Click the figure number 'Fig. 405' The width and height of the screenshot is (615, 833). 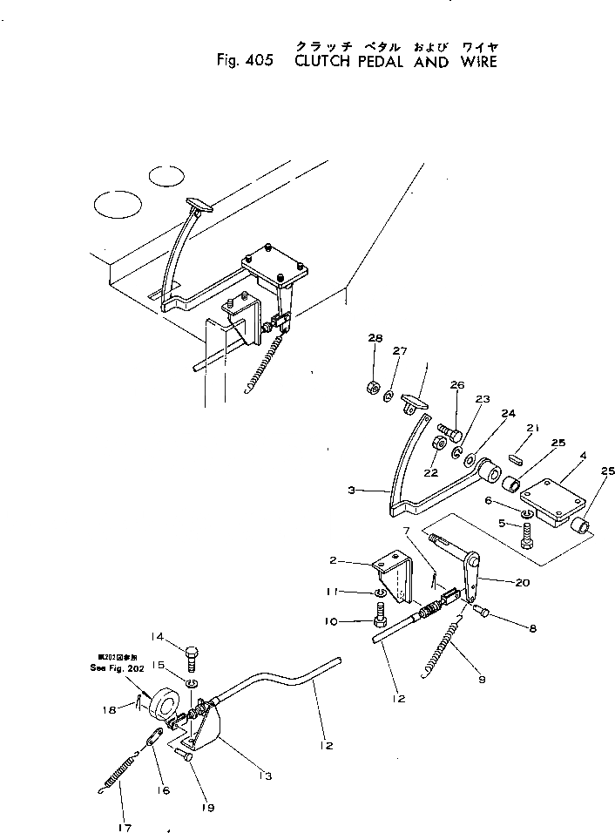[245, 61]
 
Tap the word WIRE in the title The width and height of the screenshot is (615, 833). [478, 61]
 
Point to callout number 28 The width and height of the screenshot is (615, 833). [375, 338]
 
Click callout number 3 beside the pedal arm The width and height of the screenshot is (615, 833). [351, 491]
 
